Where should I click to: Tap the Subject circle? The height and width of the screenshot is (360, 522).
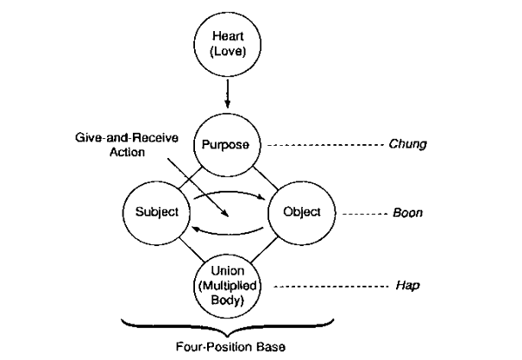point(157,211)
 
